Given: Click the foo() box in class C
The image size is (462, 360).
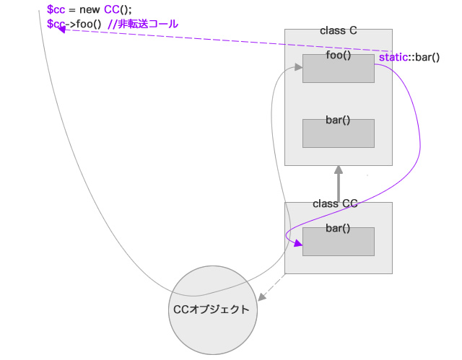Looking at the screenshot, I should (x=338, y=69).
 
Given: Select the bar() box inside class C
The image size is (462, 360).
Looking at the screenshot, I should (x=338, y=133).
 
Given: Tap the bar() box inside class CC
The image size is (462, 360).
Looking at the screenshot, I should (x=338, y=242).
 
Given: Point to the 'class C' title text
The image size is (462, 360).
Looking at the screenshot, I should (x=338, y=31).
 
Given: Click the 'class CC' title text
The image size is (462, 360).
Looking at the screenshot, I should (x=335, y=204).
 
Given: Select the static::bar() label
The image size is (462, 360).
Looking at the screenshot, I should (x=409, y=56).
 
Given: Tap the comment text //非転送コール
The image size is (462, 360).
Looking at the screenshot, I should (x=142, y=24).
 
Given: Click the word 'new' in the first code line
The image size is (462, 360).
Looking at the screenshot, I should (x=90, y=9).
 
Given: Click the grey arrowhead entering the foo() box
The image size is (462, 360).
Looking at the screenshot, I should (x=298, y=67).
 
